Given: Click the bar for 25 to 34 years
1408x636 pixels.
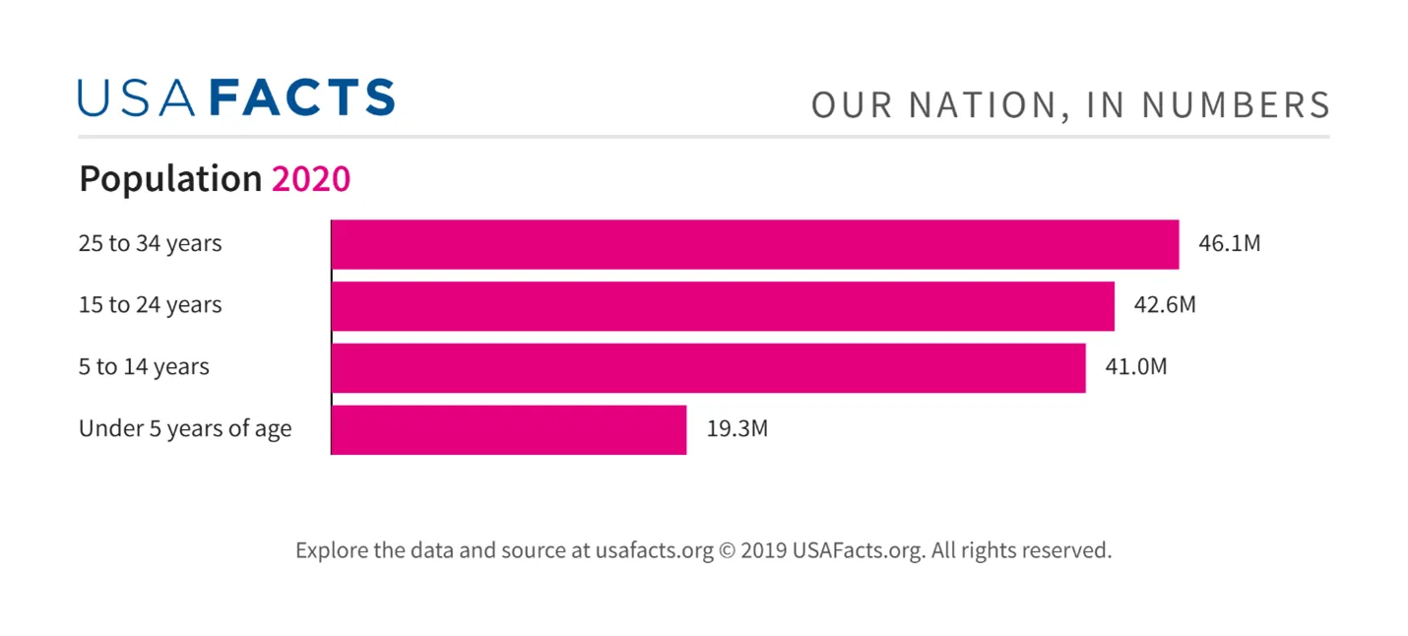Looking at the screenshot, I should coord(754,244).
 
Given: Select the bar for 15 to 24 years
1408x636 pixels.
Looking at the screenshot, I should coord(723,306).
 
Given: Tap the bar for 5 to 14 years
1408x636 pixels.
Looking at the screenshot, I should coord(708,368).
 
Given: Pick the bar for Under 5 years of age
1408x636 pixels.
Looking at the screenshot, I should coord(508,430).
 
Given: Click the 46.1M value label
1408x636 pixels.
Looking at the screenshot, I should coord(1229,243).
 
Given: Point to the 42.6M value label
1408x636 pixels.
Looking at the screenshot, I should coord(1165,305).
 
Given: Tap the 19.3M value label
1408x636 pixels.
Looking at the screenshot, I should coord(736,429).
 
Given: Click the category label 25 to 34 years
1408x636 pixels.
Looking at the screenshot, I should coord(151,243).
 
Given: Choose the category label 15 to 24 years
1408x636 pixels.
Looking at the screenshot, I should coord(151,305).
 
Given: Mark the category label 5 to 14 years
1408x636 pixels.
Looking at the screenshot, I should coord(144,367).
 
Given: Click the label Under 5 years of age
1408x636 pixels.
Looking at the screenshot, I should coord(185,429).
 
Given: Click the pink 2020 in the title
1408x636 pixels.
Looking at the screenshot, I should coord(311,179).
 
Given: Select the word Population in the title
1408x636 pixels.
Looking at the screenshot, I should coord(170,180).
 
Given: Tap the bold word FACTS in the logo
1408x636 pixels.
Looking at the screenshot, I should coord(302,98).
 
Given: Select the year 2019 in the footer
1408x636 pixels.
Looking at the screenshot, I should coord(764,550).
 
